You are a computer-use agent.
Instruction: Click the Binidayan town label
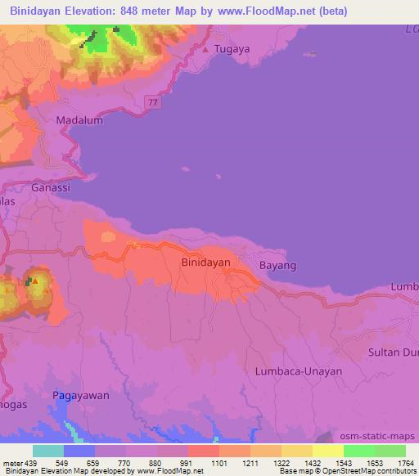click(x=204, y=263)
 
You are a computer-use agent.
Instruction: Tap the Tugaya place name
click(x=230, y=50)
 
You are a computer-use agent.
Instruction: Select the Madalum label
click(x=79, y=120)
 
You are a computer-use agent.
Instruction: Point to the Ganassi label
click(x=51, y=187)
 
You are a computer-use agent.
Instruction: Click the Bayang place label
click(x=277, y=266)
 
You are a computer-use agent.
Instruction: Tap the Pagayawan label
click(x=81, y=395)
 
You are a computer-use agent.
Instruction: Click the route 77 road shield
click(x=153, y=101)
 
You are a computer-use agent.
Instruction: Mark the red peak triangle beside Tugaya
click(x=205, y=50)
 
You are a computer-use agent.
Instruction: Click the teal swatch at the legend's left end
click(x=48, y=451)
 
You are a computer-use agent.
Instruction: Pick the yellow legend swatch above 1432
click(x=328, y=451)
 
